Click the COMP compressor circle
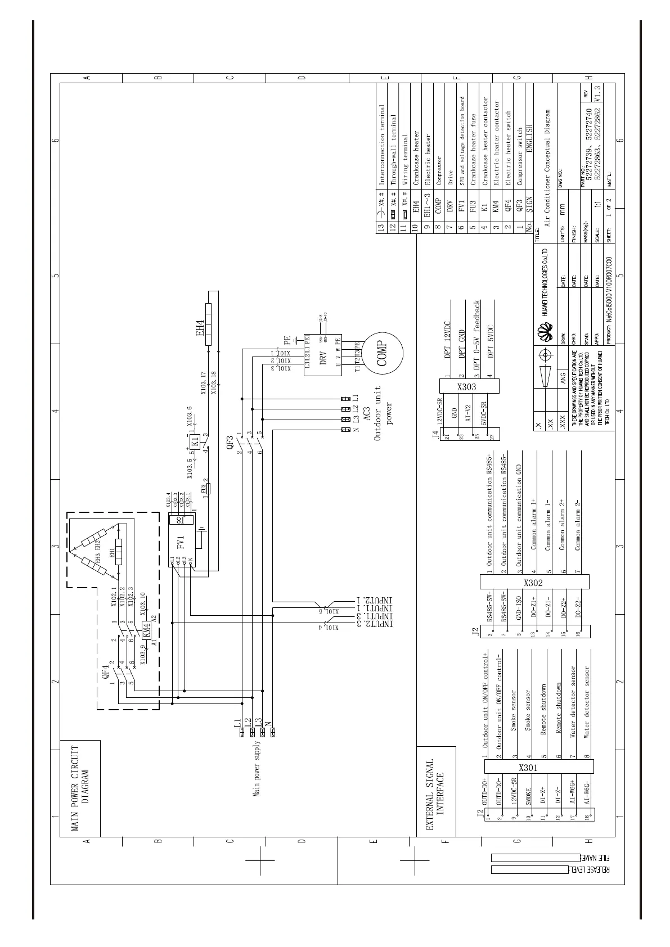point(383,353)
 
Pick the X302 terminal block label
point(533,582)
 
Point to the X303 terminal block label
point(466,386)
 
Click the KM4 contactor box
point(146,629)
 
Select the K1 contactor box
point(195,440)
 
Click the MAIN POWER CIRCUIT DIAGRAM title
point(80,788)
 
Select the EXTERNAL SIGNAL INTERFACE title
point(436,795)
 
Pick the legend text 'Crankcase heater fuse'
point(473,149)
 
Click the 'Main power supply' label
point(256,768)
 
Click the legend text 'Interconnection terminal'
point(382,145)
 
